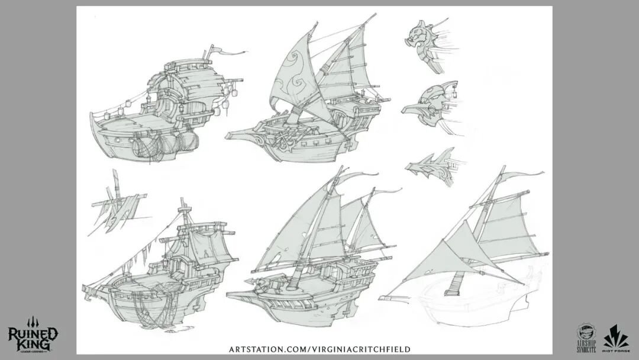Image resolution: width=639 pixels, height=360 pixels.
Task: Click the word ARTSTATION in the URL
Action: (x=266, y=349)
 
